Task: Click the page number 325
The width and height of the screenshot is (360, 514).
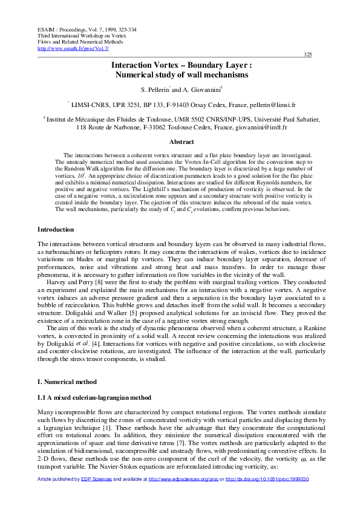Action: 307,55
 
